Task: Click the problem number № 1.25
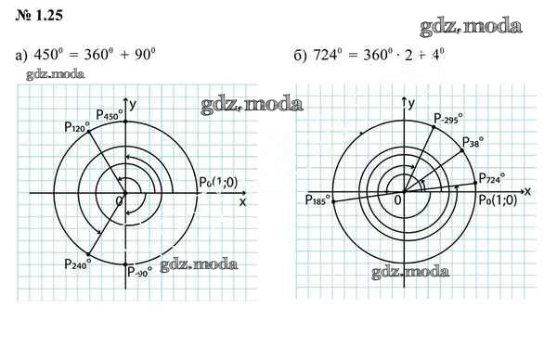pyautogui.click(x=39, y=15)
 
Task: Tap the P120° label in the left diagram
pyautogui.click(x=77, y=127)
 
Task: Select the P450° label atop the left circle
pyautogui.click(x=110, y=114)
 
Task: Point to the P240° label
pyautogui.click(x=78, y=264)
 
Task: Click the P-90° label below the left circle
pyautogui.click(x=139, y=272)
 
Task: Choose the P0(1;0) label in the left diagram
pyautogui.click(x=218, y=182)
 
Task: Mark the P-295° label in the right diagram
pyautogui.click(x=448, y=119)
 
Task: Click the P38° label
pyautogui.click(x=473, y=142)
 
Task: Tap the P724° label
pyautogui.click(x=492, y=178)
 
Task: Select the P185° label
pyautogui.click(x=317, y=199)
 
